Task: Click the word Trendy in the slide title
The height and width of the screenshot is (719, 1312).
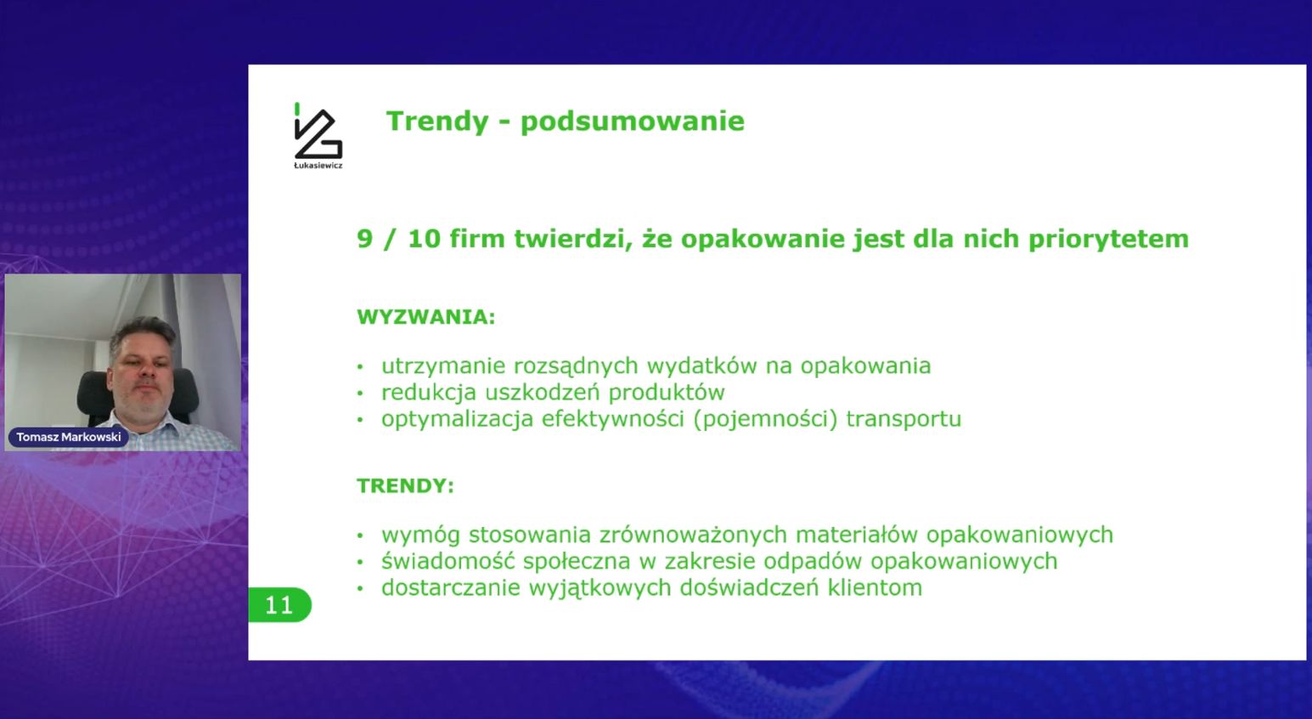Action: click(x=437, y=122)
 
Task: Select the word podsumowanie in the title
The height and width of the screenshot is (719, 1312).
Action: click(x=632, y=122)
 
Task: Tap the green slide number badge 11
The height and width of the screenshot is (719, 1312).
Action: click(x=279, y=605)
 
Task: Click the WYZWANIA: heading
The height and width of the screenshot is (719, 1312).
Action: click(x=425, y=317)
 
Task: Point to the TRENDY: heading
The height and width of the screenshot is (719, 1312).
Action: click(x=405, y=486)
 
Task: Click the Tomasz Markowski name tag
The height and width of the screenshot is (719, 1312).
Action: click(x=69, y=437)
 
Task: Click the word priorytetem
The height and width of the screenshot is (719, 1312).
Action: click(x=1108, y=240)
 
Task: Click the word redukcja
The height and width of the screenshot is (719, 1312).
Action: click(x=429, y=393)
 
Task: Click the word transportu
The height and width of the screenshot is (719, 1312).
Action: click(x=903, y=419)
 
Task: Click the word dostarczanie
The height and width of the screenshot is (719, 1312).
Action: click(x=450, y=588)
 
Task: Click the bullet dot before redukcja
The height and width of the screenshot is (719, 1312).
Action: click(x=360, y=393)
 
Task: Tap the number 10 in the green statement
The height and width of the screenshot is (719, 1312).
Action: click(x=424, y=239)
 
